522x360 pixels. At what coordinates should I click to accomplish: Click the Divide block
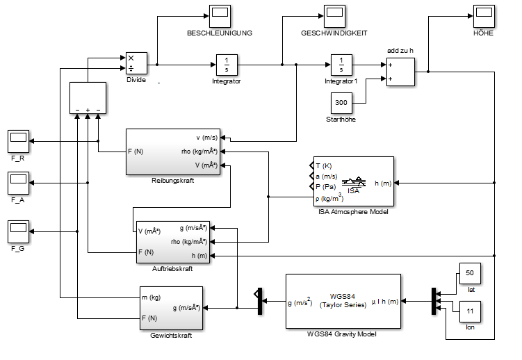134,63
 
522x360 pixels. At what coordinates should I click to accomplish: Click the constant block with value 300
341,102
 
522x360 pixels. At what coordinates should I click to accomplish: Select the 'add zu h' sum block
400,71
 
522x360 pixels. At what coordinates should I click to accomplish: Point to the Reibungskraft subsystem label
172,181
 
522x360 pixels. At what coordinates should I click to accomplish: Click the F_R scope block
18,141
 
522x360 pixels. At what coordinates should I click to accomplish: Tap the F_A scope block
18,183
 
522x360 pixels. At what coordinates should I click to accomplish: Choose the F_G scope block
18,229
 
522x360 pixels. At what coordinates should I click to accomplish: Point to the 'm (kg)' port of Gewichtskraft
151,297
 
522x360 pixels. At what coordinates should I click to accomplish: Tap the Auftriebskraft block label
172,269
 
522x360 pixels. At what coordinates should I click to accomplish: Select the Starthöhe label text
341,120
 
